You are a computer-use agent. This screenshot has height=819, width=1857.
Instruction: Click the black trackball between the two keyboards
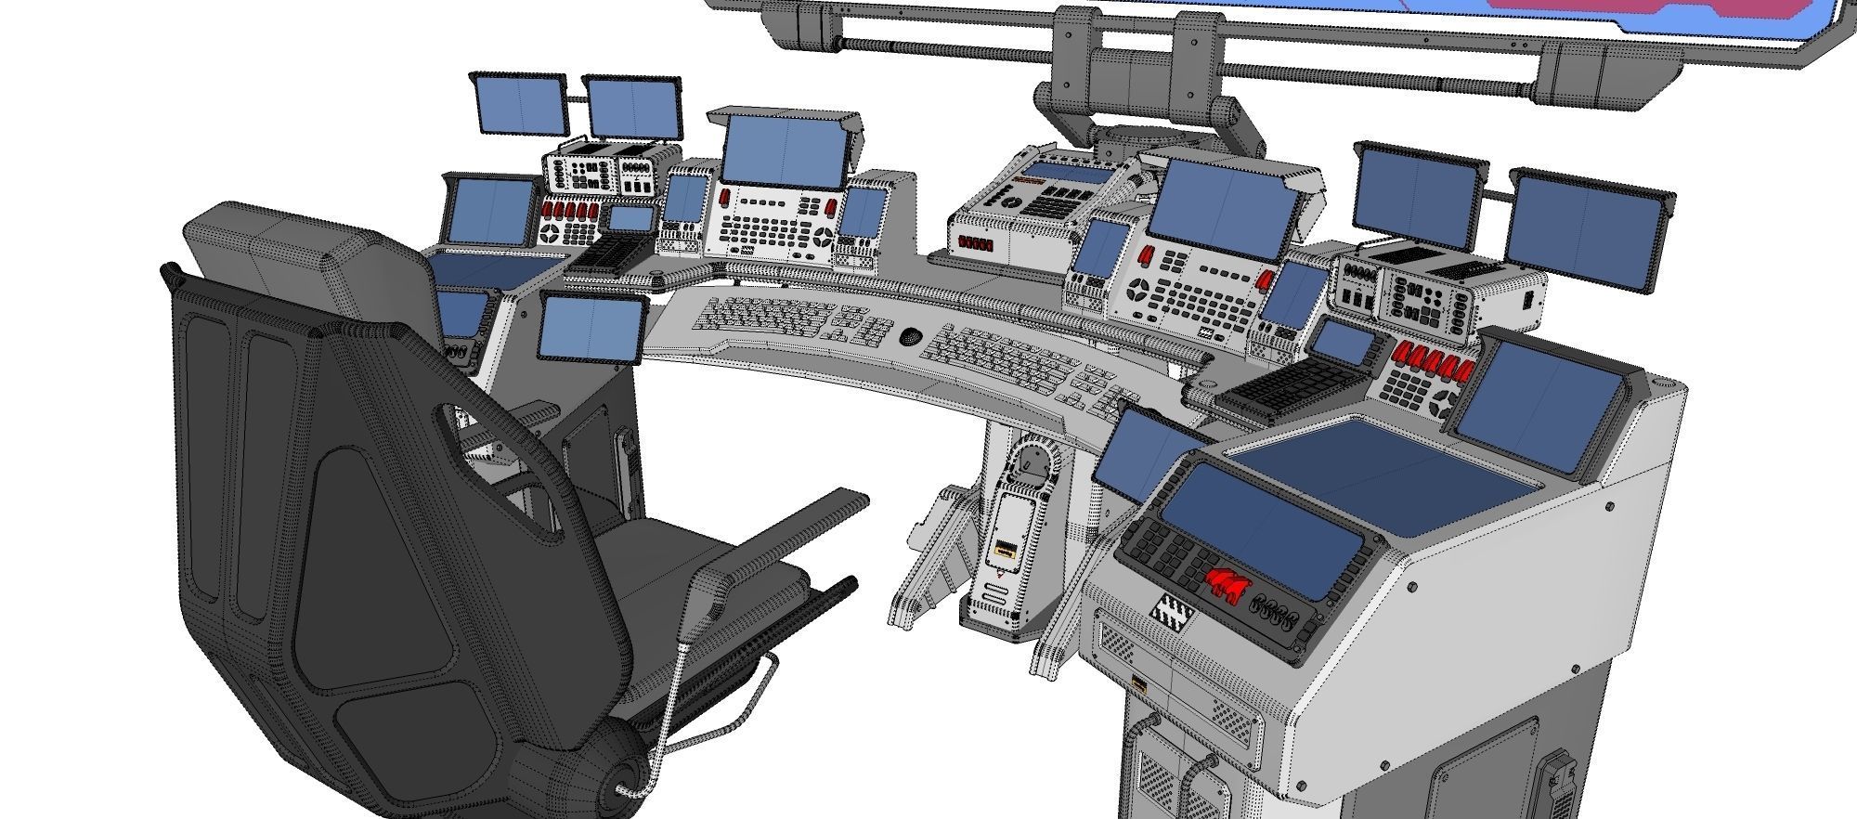click(910, 334)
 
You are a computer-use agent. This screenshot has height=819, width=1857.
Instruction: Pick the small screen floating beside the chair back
click(593, 328)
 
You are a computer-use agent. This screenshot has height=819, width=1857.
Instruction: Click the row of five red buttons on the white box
click(976, 245)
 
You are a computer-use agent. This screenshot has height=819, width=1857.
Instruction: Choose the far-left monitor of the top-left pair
click(520, 104)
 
